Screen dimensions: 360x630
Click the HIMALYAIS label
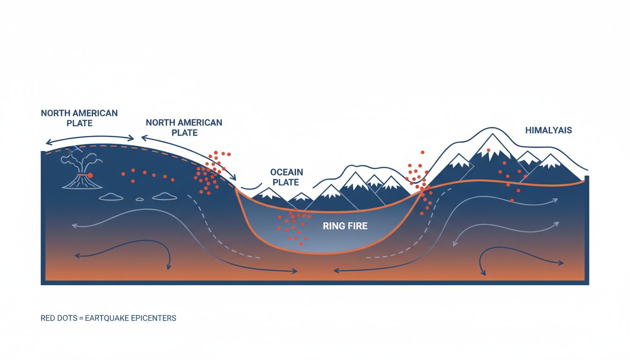coord(548,130)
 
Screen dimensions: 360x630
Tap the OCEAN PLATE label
coord(286,177)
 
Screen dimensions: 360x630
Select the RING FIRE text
coord(345,226)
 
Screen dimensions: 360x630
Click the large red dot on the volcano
coord(90,175)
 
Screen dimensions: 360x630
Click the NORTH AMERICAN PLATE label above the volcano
coord(79,118)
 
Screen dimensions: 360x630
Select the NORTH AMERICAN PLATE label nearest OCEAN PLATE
coord(184,127)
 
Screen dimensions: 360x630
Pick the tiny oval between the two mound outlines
coord(139,199)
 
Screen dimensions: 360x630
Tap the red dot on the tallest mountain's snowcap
coord(488,150)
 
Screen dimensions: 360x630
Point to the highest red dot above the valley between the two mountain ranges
coord(422,152)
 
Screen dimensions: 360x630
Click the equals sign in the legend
coord(81,318)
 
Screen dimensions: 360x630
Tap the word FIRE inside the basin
coord(358,226)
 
